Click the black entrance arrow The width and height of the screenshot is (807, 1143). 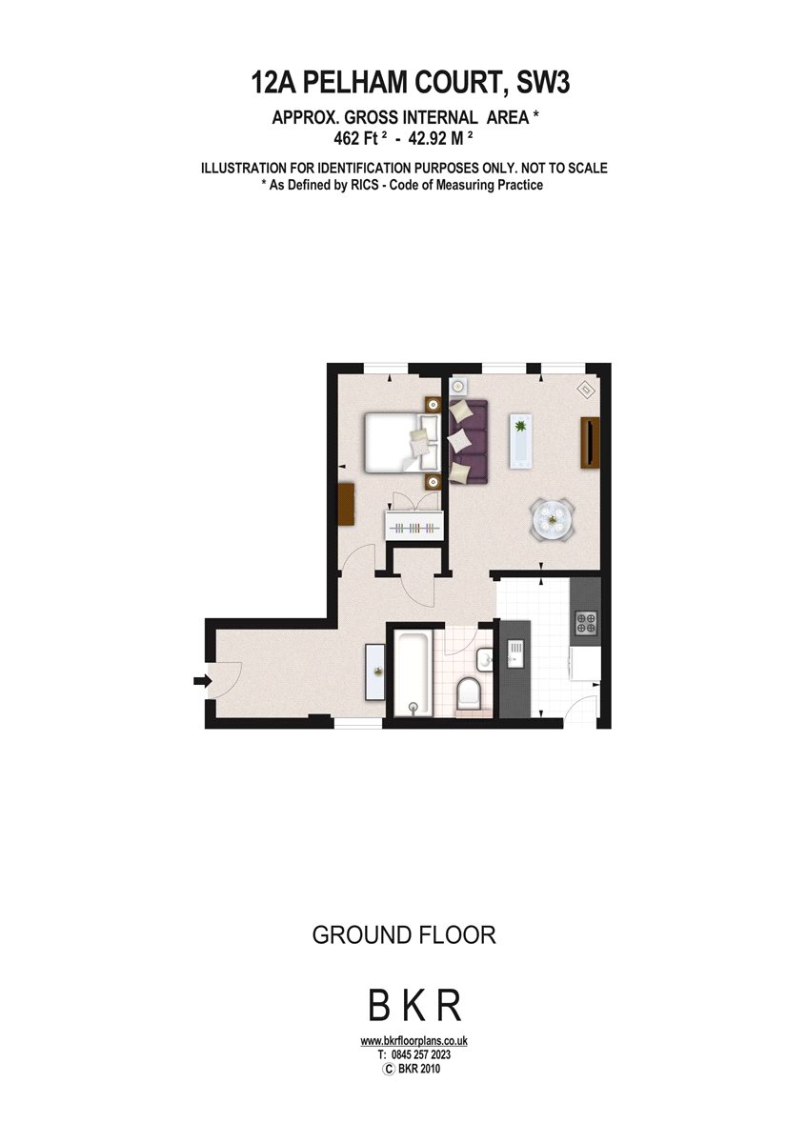(x=202, y=680)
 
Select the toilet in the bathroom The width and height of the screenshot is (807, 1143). (x=469, y=694)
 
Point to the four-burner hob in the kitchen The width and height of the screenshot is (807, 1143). (x=586, y=622)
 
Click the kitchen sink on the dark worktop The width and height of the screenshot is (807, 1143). (x=514, y=653)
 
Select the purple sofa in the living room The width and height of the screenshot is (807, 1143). (x=468, y=442)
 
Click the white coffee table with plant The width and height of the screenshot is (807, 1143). (x=521, y=441)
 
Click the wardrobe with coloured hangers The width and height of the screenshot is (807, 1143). (x=414, y=525)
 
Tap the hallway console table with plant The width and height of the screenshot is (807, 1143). (x=376, y=671)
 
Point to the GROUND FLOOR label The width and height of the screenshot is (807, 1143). (x=404, y=935)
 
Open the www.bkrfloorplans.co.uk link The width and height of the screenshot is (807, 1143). (x=414, y=1041)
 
